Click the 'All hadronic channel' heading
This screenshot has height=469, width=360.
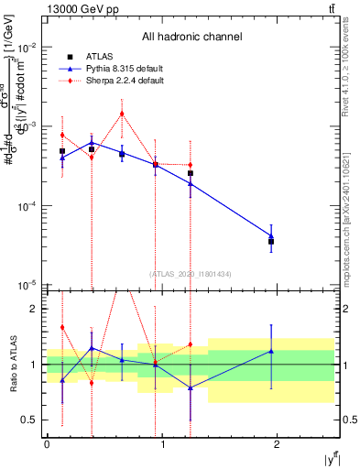191,38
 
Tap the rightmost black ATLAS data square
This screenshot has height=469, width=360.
271,242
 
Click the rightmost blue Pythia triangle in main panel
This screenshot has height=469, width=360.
271,235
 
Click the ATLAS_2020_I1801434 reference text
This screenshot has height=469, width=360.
191,274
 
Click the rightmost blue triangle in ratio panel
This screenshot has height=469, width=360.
271,351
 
